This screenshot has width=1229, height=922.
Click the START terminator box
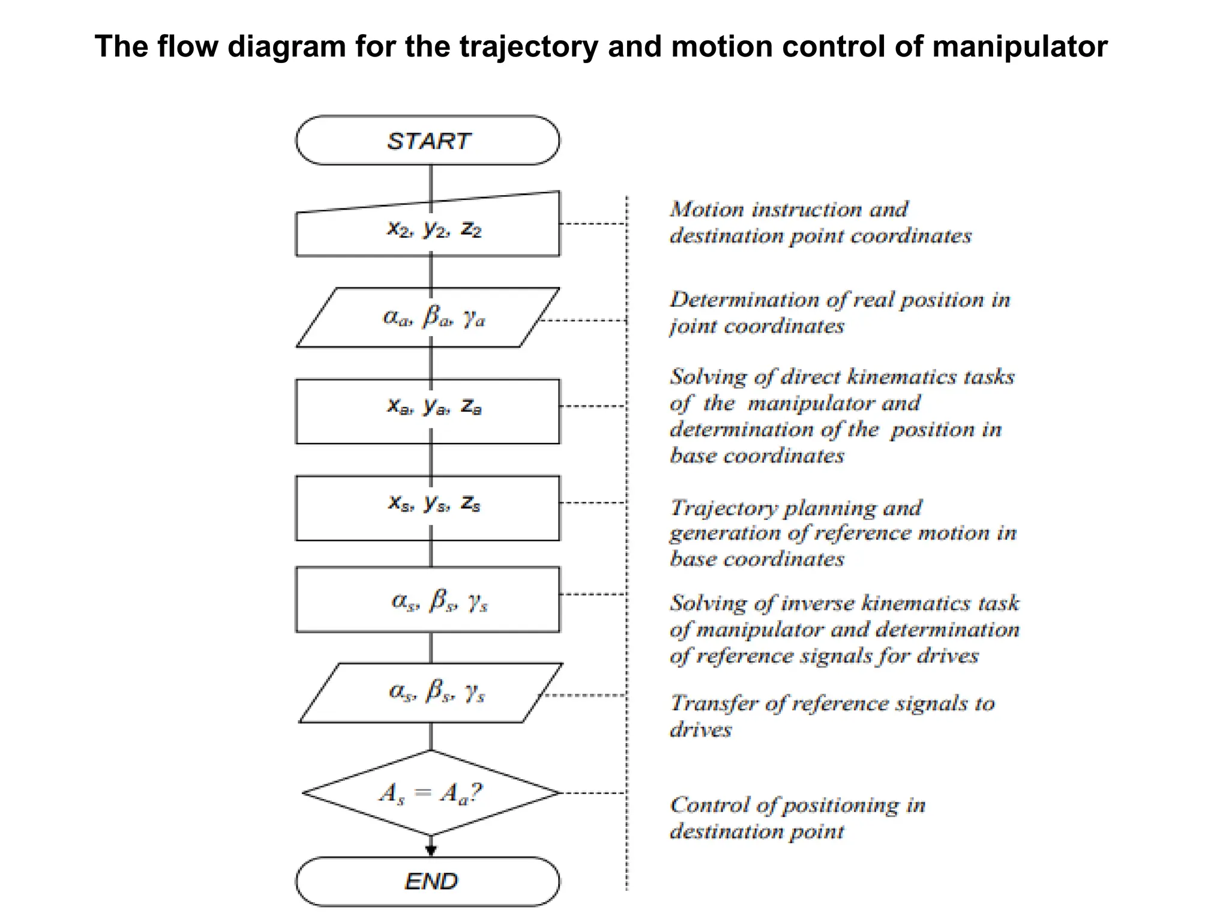[427, 140]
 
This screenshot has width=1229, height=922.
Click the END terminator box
[427, 881]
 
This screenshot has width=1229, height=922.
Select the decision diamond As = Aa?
[431, 793]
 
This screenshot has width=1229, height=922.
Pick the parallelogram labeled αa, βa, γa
[428, 318]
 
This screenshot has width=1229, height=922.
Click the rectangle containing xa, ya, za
[427, 411]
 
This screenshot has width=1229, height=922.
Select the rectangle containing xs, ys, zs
[427, 508]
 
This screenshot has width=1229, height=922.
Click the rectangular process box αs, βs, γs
[427, 599]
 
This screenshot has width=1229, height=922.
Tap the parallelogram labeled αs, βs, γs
[431, 693]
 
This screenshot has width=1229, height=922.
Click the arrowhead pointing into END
[431, 850]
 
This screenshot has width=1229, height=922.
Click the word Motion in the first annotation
[707, 209]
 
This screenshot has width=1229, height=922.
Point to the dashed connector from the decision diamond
[593, 793]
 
